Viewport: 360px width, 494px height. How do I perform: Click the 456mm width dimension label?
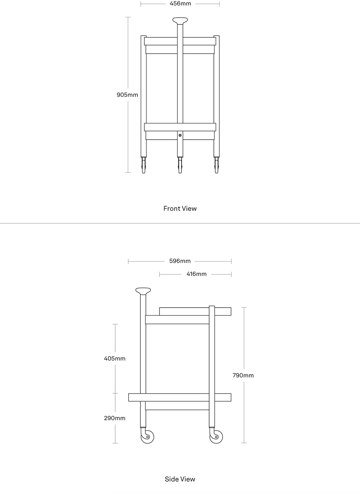pyautogui.click(x=180, y=4)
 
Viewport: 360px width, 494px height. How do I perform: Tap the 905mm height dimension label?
pyautogui.click(x=127, y=95)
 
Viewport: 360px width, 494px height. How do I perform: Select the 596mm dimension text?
pyautogui.click(x=180, y=261)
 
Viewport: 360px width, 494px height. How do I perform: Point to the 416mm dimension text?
pyautogui.click(x=197, y=274)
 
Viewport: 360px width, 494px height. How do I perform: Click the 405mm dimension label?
pyautogui.click(x=114, y=359)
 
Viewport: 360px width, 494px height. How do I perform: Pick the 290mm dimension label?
pyautogui.click(x=114, y=418)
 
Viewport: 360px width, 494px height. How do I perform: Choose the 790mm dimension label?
pyautogui.click(x=243, y=375)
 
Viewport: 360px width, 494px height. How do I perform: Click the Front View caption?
pyautogui.click(x=180, y=209)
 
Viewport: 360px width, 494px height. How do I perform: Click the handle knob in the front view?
pyautogui.click(x=180, y=21)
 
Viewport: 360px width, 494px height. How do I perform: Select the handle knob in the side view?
pyautogui.click(x=143, y=291)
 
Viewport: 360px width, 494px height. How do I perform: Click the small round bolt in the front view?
pyautogui.click(x=180, y=135)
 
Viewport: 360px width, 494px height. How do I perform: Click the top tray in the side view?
pyautogui.click(x=195, y=311)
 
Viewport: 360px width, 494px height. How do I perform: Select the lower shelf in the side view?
pyautogui.click(x=180, y=398)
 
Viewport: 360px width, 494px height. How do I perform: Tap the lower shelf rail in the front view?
pyautogui.click(x=180, y=127)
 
